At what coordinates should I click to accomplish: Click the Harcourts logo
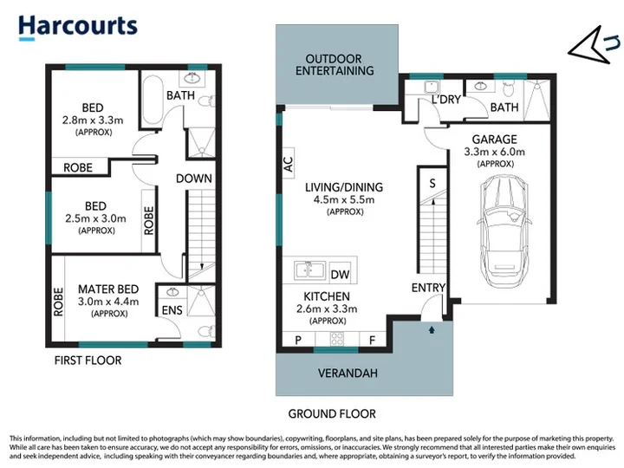click(x=78, y=27)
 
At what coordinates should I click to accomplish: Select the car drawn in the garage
click(x=504, y=232)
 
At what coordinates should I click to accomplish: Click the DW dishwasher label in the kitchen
click(x=340, y=274)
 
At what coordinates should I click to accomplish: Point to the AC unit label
click(x=288, y=164)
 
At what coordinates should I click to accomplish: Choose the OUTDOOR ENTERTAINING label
click(x=335, y=65)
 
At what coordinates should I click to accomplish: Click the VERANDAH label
click(x=348, y=373)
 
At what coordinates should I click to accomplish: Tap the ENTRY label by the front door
click(x=428, y=288)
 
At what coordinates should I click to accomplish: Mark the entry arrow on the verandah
click(x=432, y=329)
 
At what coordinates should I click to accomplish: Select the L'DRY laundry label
click(x=445, y=99)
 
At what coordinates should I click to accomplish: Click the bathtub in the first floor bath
click(x=153, y=100)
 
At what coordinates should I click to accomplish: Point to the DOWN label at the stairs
click(x=194, y=179)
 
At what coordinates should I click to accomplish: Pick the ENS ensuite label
click(x=172, y=310)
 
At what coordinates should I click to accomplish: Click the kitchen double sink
click(x=309, y=270)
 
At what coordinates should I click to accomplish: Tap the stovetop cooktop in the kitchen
click(x=336, y=339)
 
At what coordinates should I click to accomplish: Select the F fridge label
click(x=372, y=341)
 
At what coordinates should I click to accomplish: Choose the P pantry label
click(x=298, y=341)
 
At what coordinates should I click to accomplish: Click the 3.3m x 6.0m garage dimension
click(x=494, y=152)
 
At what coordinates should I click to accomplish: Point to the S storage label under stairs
click(x=432, y=183)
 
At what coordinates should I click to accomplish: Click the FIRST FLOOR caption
click(x=88, y=361)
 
